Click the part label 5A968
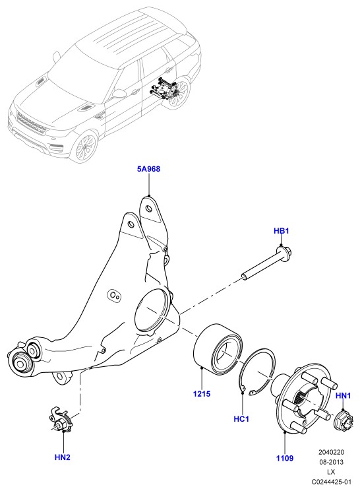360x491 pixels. [148, 169]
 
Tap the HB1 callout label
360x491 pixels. [281, 231]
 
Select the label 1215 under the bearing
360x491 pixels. [202, 393]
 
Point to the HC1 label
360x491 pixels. [241, 418]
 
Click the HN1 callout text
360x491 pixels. [343, 395]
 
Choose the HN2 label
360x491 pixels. [63, 457]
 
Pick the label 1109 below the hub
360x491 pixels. [285, 458]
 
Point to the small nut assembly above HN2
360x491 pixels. [61, 420]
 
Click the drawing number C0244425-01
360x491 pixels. [331, 481]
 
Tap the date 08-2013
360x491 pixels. [331, 462]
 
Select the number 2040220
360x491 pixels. [331, 452]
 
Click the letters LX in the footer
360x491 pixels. [331, 472]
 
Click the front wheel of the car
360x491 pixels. [84, 147]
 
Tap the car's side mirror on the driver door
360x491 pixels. [119, 93]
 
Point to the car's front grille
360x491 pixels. [30, 123]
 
